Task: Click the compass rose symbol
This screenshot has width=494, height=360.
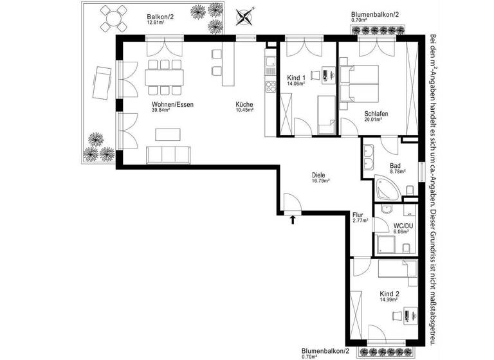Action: click(x=244, y=15)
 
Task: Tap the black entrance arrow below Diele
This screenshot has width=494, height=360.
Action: click(x=293, y=221)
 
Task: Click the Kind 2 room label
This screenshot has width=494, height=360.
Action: click(x=389, y=295)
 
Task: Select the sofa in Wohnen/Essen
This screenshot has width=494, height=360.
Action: click(x=169, y=155)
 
